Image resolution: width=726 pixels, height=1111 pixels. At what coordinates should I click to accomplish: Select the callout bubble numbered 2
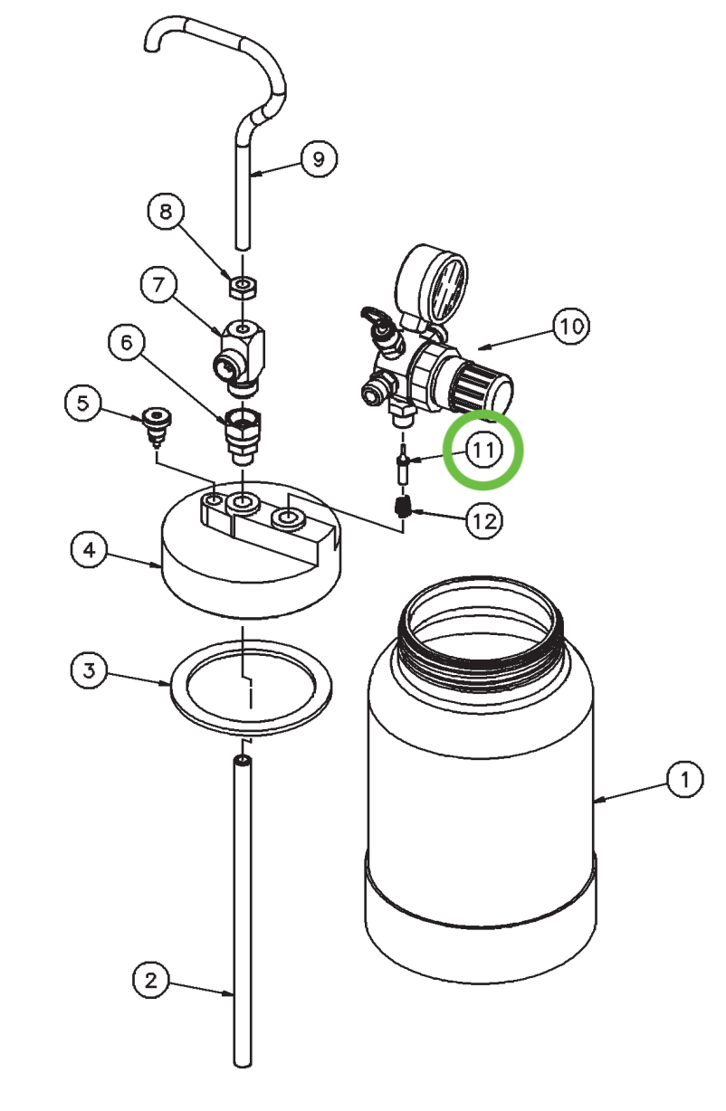click(x=151, y=979)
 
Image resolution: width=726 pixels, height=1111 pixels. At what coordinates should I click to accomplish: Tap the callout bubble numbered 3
click(x=89, y=670)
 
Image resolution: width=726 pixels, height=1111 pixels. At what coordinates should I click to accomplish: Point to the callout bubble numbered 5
click(x=83, y=403)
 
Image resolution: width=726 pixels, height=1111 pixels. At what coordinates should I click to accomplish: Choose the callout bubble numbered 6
click(x=127, y=342)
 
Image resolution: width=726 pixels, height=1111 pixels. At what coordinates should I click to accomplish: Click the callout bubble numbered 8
click(x=166, y=213)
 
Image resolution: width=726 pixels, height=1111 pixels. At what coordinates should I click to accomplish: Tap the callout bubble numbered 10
click(x=571, y=327)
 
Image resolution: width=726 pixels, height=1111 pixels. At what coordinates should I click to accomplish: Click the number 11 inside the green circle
click(x=483, y=450)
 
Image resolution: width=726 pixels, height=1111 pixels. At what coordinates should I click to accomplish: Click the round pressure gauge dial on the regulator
click(x=435, y=281)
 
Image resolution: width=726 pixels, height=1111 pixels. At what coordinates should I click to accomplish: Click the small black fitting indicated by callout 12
click(x=402, y=507)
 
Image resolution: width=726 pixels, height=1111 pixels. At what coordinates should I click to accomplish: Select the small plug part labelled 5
click(x=158, y=423)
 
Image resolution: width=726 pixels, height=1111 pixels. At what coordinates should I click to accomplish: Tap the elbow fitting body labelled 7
click(x=242, y=347)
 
